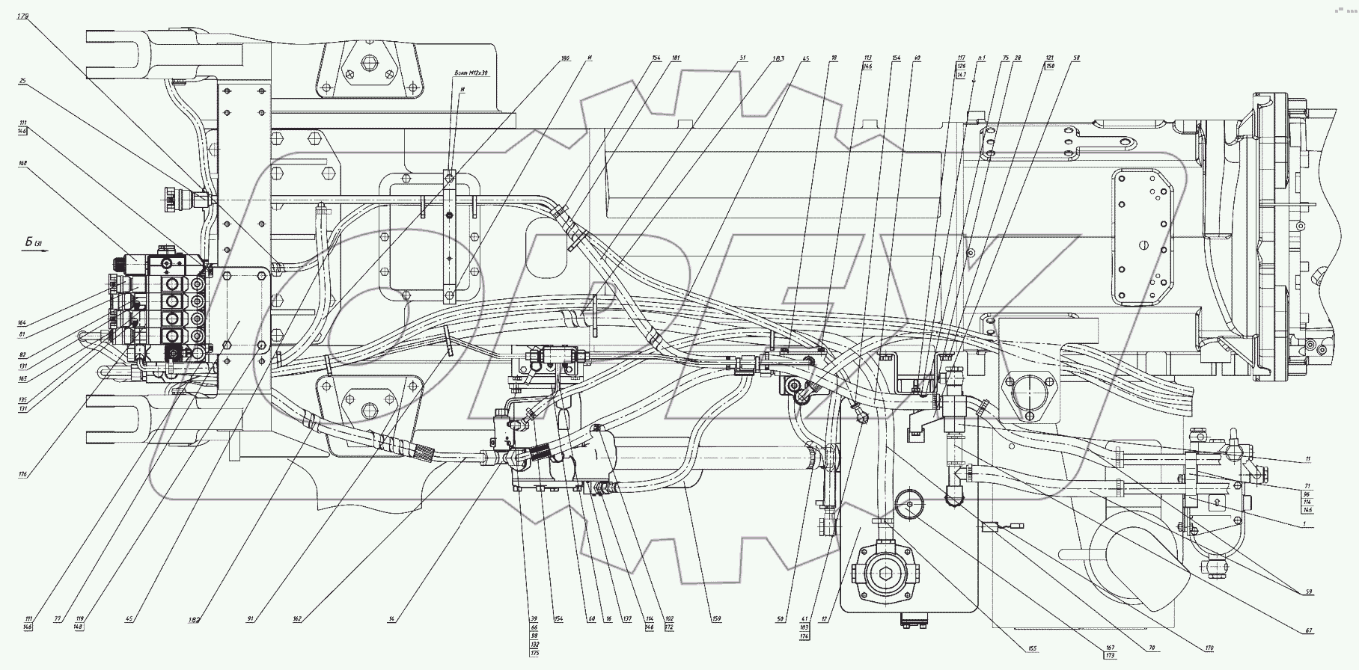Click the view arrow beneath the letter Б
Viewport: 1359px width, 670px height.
coord(35,252)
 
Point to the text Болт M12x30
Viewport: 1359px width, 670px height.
coord(471,73)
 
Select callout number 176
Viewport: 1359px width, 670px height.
coord(24,473)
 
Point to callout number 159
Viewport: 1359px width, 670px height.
coord(718,619)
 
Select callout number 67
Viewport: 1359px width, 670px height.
coord(1309,631)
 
